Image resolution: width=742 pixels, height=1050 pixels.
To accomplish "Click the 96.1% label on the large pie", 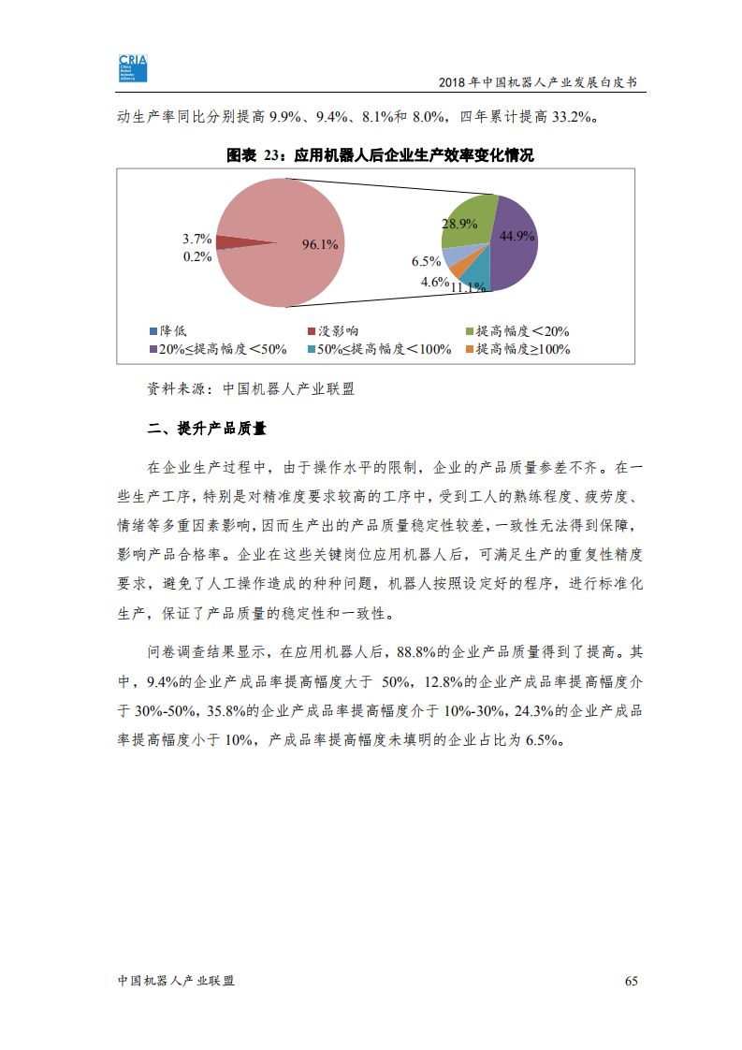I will (x=319, y=244).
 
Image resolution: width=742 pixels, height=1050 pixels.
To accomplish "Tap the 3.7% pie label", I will (x=196, y=239).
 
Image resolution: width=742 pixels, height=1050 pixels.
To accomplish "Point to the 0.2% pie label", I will (x=196, y=256).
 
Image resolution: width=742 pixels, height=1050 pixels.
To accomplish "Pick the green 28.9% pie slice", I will (x=468, y=219).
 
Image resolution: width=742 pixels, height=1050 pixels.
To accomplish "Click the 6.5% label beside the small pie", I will (x=426, y=261).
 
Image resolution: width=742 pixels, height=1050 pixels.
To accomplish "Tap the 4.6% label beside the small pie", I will (x=434, y=281).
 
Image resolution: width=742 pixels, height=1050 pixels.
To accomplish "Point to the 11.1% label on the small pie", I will (x=467, y=286).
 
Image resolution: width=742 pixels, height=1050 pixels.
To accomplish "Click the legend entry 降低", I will (x=168, y=331).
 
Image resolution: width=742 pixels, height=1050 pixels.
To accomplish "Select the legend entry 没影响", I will (x=332, y=331).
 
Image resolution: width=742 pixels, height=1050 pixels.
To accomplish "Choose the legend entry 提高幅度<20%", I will (x=516, y=331).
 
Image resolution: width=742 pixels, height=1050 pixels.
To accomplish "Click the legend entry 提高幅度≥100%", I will (x=516, y=349).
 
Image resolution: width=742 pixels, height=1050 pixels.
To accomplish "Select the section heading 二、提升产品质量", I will (x=207, y=429).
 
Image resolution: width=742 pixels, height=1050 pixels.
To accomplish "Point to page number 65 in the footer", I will (x=631, y=981).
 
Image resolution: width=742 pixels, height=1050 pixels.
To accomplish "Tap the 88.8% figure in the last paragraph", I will (x=417, y=650).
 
